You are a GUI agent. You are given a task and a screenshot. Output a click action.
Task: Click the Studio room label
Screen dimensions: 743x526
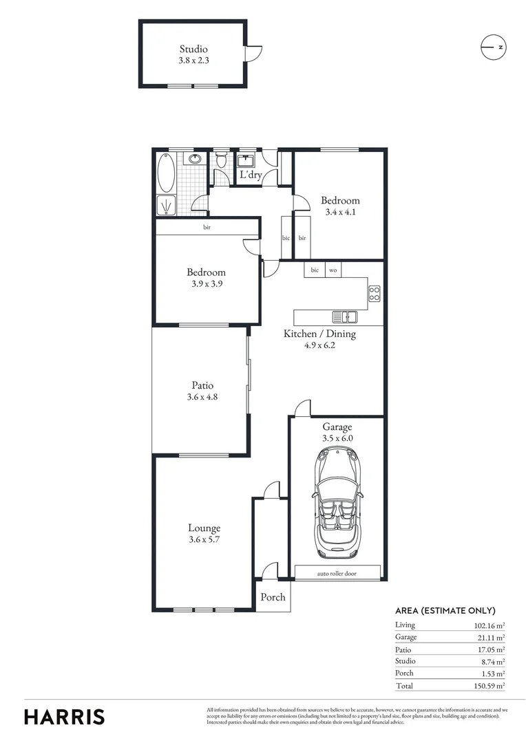193,49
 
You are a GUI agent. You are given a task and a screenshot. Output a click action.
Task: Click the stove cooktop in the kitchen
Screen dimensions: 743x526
375,294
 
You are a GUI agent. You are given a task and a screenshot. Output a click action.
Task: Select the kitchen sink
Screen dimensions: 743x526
345,317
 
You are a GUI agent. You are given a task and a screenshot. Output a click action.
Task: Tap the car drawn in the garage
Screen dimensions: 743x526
337,503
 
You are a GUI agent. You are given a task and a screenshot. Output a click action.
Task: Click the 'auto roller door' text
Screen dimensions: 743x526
337,573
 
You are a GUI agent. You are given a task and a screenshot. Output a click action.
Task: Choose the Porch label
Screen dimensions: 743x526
273,597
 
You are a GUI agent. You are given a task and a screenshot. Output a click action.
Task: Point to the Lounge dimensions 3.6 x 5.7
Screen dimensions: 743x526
204,540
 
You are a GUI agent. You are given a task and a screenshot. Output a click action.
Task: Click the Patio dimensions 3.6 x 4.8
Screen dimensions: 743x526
202,397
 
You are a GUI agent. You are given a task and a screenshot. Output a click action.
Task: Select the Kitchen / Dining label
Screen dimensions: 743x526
320,334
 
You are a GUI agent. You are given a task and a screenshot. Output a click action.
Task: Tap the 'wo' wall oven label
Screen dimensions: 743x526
333,270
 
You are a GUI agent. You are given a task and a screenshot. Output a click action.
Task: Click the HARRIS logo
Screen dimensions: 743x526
65,716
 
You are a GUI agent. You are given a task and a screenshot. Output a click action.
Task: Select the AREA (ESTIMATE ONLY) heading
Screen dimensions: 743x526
445,610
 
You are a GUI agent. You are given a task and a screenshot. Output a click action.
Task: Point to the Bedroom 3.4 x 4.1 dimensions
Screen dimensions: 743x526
340,213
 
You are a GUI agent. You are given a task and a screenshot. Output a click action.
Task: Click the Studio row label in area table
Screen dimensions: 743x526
406,661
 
